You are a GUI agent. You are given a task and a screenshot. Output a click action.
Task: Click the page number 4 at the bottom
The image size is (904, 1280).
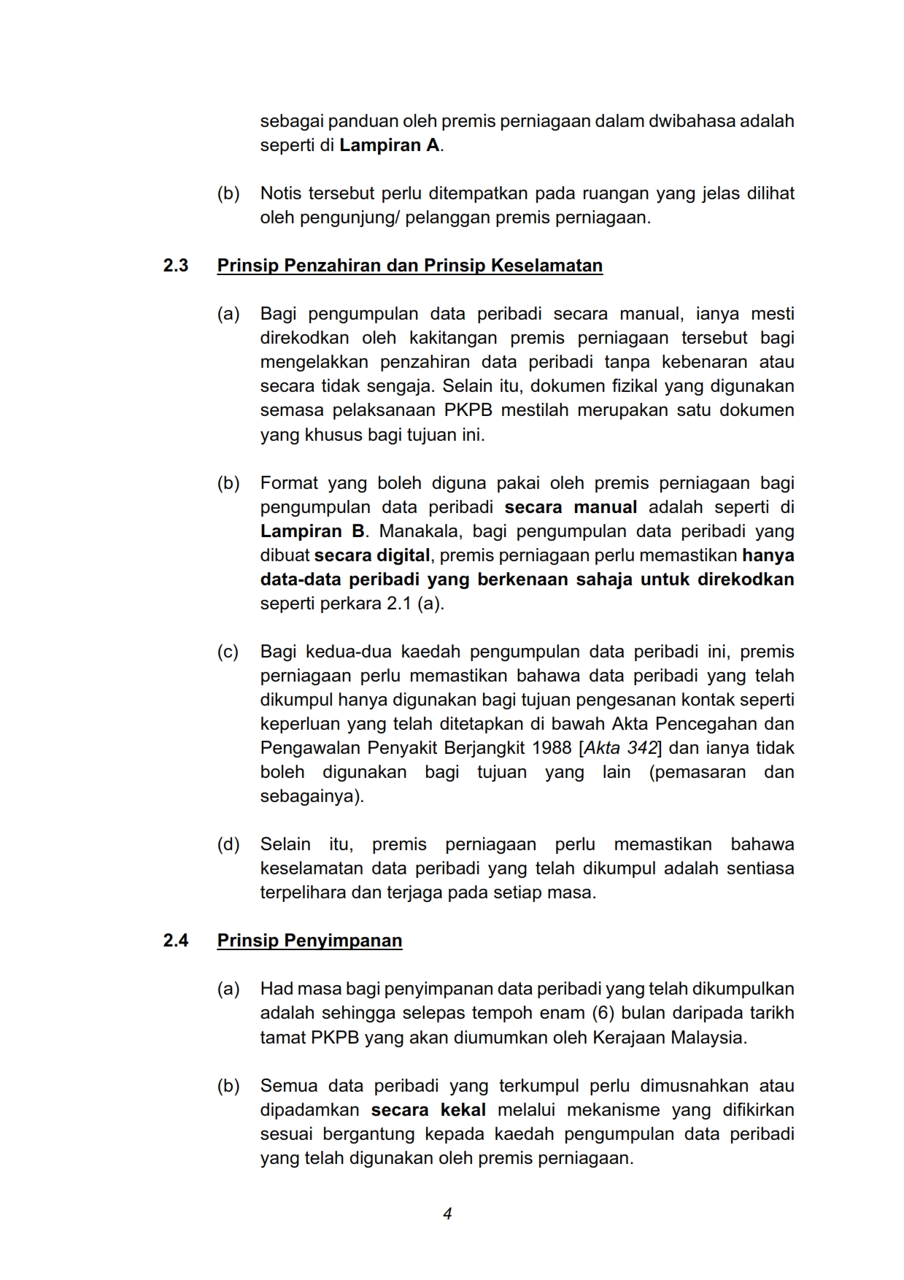(x=447, y=1214)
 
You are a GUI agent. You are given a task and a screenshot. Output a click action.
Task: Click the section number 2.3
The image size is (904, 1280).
(x=176, y=266)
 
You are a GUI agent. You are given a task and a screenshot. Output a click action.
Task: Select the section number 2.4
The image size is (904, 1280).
(x=176, y=941)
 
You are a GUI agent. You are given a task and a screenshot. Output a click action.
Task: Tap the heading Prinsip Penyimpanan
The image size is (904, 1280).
(x=309, y=941)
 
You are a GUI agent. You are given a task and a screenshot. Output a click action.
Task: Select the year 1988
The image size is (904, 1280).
(x=552, y=748)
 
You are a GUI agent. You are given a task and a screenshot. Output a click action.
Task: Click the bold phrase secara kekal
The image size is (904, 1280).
(x=428, y=1110)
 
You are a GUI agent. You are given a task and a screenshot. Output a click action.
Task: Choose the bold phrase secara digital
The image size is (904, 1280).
(x=372, y=555)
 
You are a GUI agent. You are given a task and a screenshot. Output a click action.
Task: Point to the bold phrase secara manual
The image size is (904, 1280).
(x=571, y=507)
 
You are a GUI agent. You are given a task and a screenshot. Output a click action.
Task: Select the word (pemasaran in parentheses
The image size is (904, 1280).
(x=697, y=772)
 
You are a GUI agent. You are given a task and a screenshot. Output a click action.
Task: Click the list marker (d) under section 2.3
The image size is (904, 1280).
(x=228, y=844)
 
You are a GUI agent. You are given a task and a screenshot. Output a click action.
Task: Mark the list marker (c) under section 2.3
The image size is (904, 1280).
(x=228, y=652)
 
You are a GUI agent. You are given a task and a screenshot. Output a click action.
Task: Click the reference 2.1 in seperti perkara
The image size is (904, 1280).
(x=399, y=604)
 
